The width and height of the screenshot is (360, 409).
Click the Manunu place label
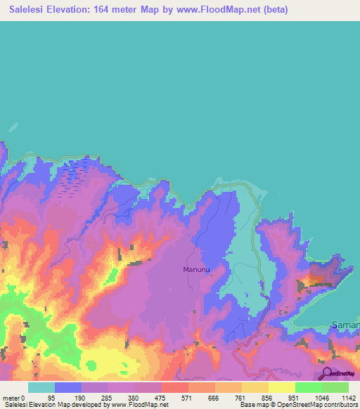(197, 269)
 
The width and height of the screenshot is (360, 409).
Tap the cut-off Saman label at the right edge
(345, 326)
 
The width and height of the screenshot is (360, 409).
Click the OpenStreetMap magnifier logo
(327, 375)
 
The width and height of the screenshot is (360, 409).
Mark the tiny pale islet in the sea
(13, 127)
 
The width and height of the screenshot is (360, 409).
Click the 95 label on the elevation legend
(68, 396)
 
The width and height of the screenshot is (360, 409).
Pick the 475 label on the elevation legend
(148, 396)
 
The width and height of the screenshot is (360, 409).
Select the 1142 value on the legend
(340, 396)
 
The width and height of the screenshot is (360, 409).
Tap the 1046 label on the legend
(309, 396)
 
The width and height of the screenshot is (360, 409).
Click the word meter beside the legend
(11, 396)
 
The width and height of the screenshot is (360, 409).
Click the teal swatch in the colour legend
(41, 387)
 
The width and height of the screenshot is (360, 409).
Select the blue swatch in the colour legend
(68, 387)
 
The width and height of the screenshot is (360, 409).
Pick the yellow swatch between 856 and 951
(282, 387)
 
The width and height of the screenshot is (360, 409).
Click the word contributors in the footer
(337, 404)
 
